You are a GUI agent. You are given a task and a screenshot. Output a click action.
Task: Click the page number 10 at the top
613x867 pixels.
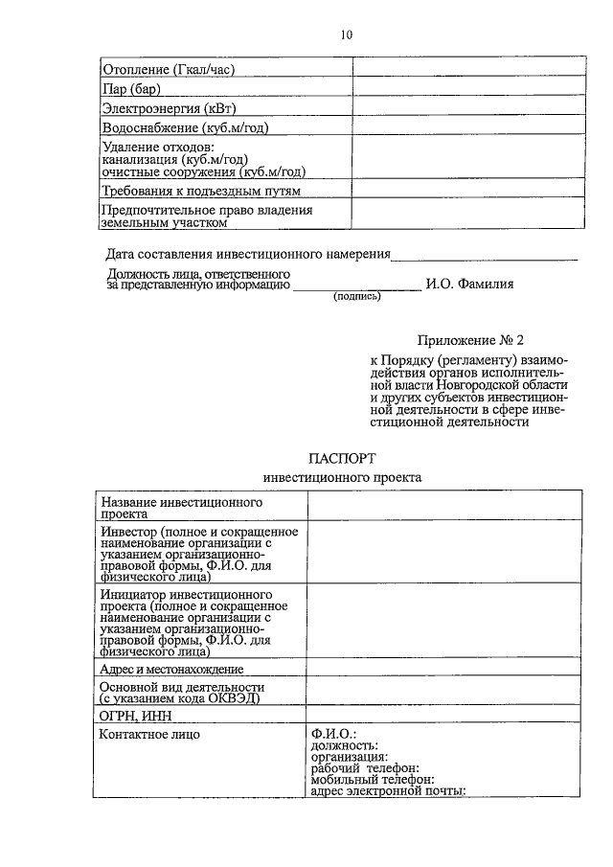coord(347,35)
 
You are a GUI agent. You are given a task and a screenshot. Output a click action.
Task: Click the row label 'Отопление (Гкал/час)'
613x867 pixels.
coord(168,69)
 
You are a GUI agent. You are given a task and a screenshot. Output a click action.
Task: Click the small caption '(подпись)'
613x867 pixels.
coord(356,297)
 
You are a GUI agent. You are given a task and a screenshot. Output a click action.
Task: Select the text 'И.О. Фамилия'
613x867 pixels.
coord(470,284)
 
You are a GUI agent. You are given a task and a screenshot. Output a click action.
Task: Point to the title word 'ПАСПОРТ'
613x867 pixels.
coord(342,458)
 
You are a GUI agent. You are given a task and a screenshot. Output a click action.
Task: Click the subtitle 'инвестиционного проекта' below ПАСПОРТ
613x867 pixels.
coord(342,477)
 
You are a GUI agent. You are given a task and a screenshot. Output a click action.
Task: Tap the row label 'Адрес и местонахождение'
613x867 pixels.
coord(171,669)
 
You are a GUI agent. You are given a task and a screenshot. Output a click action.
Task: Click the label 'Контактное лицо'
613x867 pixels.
coord(149,735)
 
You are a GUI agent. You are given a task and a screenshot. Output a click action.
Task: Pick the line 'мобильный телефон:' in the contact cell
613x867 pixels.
coord(373,780)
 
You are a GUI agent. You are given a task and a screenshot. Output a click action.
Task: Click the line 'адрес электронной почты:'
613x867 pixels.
coord(388,791)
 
